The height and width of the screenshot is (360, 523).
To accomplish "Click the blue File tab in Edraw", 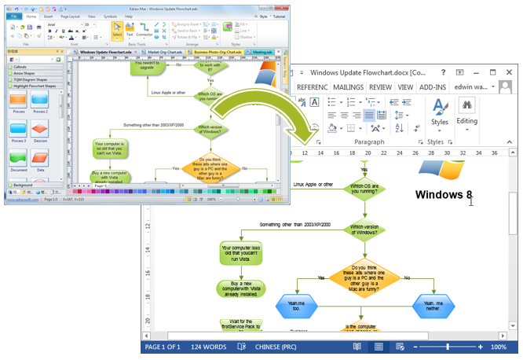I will [x=13, y=16].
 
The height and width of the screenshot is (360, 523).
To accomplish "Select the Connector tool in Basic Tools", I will [x=144, y=29].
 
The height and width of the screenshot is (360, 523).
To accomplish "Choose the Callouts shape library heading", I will [x=20, y=68].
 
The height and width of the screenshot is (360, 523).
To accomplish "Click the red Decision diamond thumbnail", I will [x=40, y=129].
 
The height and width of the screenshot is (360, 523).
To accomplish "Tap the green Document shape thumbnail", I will [x=17, y=157].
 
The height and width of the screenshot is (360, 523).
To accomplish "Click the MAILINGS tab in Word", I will [x=348, y=87].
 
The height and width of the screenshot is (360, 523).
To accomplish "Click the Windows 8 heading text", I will [x=444, y=195].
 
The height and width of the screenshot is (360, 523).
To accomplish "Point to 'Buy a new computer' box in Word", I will [x=240, y=288].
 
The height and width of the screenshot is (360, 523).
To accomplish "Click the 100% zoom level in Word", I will [x=499, y=347].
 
